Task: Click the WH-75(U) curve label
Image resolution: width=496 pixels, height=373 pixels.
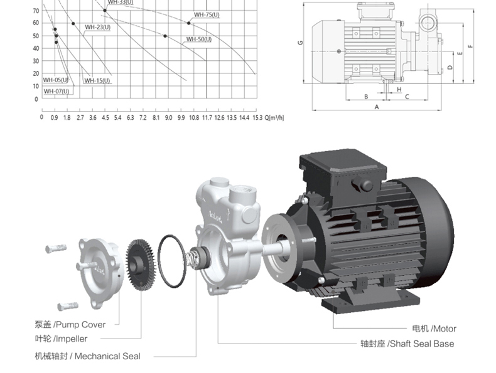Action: pos(207,14)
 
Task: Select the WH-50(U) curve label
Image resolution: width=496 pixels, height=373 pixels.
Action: pos(198,39)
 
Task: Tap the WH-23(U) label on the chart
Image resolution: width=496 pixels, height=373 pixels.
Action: pos(97,27)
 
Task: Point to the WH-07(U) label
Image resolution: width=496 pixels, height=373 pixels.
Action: pos(57,92)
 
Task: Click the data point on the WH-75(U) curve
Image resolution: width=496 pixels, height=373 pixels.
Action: pos(189,23)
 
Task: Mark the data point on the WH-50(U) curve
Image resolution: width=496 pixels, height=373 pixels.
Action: pos(165,36)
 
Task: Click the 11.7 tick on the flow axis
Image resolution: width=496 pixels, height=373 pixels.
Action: pos(207,118)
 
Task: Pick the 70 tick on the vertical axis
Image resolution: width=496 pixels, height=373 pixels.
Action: pos(36,11)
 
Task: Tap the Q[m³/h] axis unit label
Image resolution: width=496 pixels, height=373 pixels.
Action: pos(274,118)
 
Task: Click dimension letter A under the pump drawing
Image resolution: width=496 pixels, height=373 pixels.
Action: pos(377,107)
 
